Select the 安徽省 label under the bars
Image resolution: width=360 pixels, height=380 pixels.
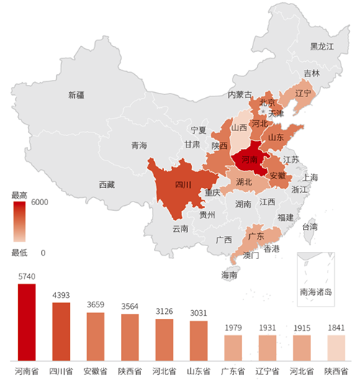point(96,371)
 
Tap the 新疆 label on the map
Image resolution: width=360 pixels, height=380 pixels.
point(76,95)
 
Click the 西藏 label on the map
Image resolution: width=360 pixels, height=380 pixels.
point(107,184)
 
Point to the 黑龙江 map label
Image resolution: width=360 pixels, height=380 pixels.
point(323,47)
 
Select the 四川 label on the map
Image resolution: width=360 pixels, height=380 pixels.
point(183,185)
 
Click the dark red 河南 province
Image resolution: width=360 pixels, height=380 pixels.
point(249,159)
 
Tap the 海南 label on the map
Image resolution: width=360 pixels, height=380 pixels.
point(229,275)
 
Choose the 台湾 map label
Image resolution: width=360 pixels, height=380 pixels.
point(309,226)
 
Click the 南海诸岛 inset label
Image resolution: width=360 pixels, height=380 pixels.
point(316,292)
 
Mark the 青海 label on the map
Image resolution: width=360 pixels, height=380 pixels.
point(139,145)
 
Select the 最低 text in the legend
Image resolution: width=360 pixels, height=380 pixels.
point(19,253)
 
